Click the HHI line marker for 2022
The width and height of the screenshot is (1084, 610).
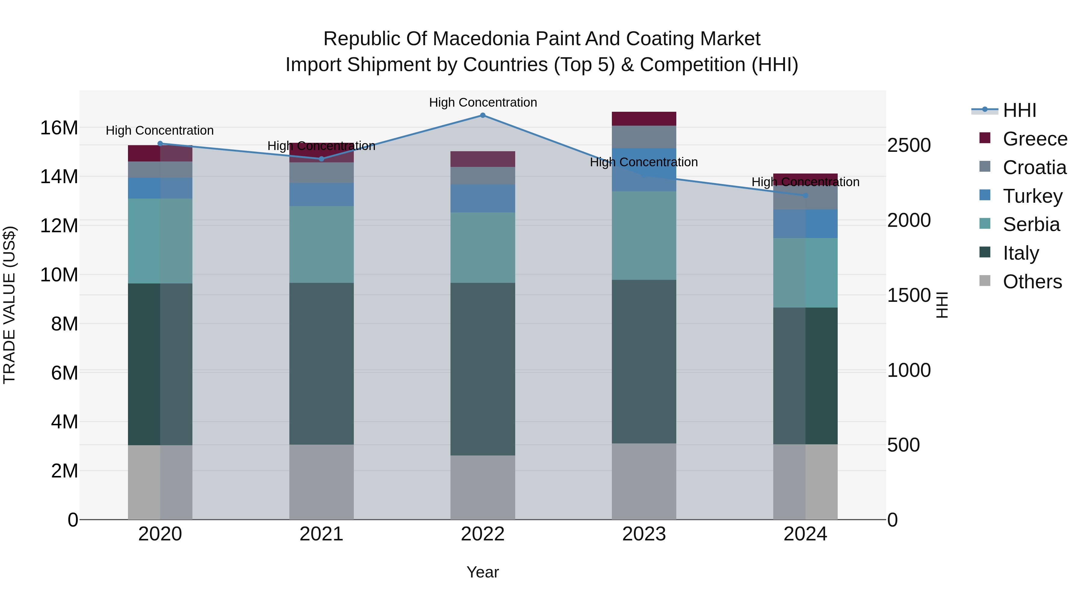pyautogui.click(x=483, y=115)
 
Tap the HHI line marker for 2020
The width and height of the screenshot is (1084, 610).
pyautogui.click(x=160, y=144)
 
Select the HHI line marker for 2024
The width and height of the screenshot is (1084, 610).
pyautogui.click(x=805, y=195)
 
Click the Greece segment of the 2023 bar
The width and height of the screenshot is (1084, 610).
pyautogui.click(x=644, y=119)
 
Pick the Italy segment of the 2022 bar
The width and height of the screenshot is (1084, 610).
pyautogui.click(x=483, y=369)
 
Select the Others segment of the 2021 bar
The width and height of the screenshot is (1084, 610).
pyautogui.click(x=322, y=482)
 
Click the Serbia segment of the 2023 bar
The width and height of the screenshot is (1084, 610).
pyautogui.click(x=644, y=236)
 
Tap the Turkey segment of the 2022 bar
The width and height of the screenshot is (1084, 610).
pyautogui.click(x=483, y=198)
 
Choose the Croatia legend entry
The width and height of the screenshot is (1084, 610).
pyautogui.click(x=1034, y=167)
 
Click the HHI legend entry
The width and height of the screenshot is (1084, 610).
pyautogui.click(x=1019, y=110)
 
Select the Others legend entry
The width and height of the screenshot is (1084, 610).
pyautogui.click(x=1032, y=282)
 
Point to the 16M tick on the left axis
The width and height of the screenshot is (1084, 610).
pyautogui.click(x=59, y=127)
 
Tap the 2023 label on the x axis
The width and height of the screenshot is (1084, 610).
pyautogui.click(x=644, y=534)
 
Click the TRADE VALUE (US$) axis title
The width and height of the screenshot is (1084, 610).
pyautogui.click(x=9, y=305)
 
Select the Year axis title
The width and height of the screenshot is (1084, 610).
pyautogui.click(x=483, y=572)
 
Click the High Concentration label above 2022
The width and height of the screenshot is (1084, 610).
pyautogui.click(x=483, y=102)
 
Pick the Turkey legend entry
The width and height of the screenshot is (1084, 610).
pyautogui.click(x=1032, y=196)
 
